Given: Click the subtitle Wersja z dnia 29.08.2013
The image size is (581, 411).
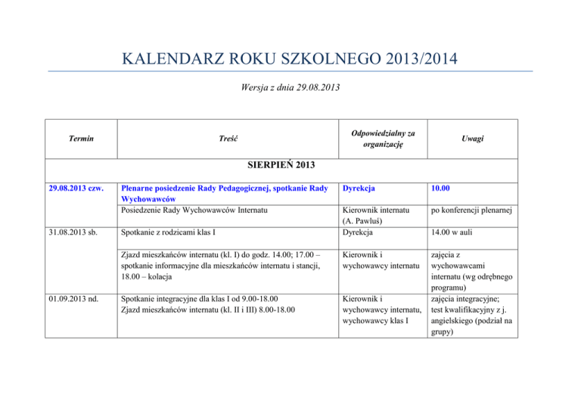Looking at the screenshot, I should click(x=290, y=88).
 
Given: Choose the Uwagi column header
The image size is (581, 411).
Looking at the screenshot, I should click(x=475, y=139).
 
